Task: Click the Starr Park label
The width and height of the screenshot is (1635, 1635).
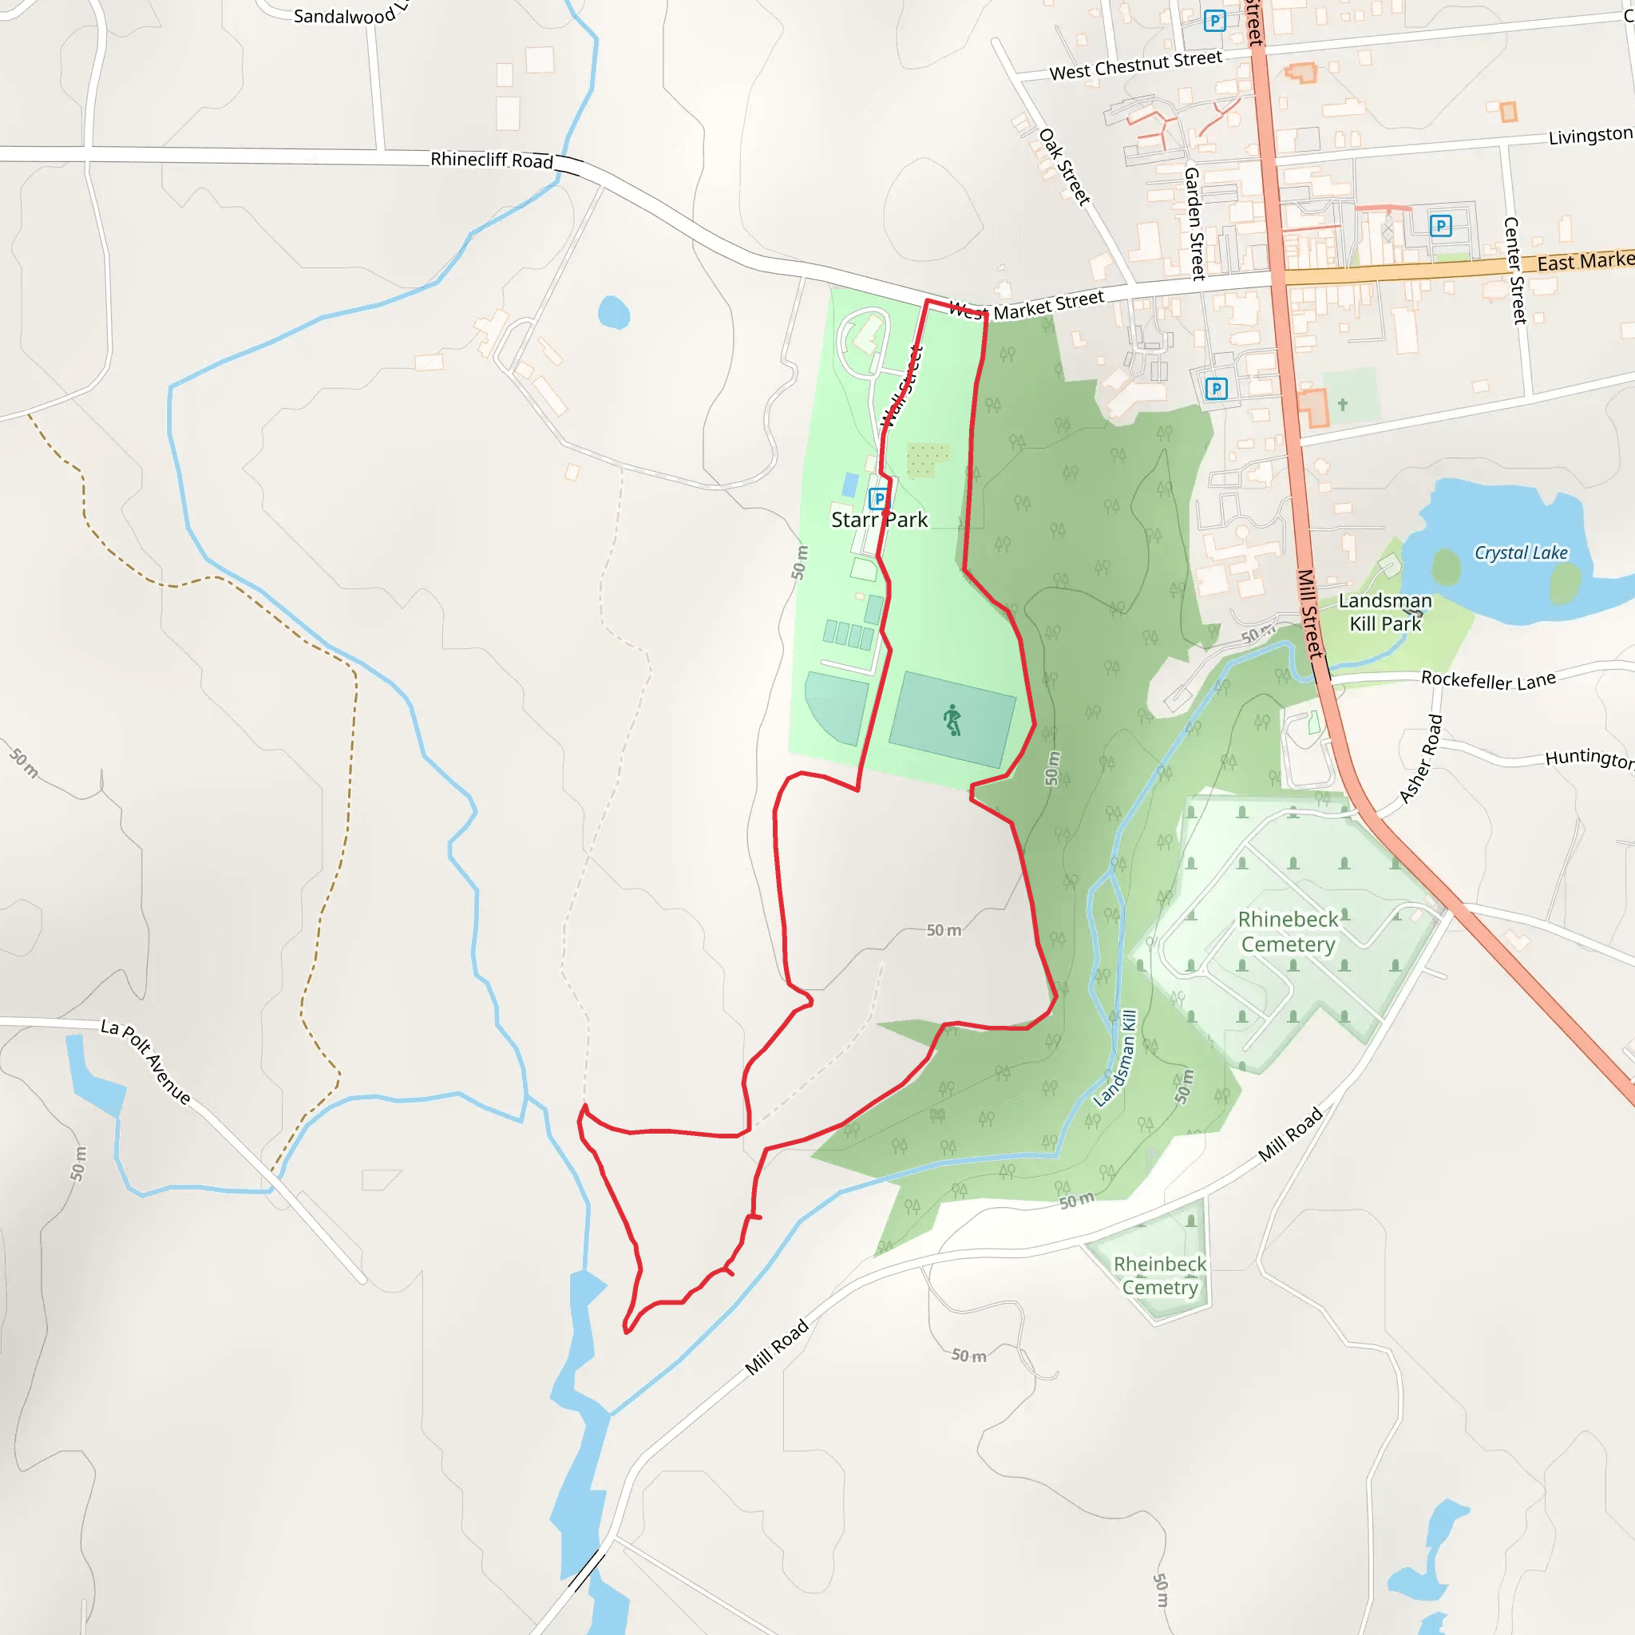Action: [x=879, y=520]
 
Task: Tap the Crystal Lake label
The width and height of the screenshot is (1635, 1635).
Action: [x=1521, y=552]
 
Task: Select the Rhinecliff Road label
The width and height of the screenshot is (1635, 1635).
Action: [x=492, y=159]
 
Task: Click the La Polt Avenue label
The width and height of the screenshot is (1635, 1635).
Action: [x=145, y=1061]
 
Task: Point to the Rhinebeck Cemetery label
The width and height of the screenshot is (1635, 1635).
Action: [x=1288, y=932]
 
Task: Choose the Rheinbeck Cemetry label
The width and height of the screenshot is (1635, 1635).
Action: [x=1159, y=1275]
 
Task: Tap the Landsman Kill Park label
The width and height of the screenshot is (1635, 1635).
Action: [x=1384, y=612]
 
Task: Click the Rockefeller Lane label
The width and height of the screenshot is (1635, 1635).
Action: [x=1488, y=679]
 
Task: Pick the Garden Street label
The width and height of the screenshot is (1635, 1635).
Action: [x=1194, y=224]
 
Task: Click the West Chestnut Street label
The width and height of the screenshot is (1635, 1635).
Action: [x=1136, y=65]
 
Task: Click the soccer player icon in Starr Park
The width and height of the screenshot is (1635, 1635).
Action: [x=953, y=719]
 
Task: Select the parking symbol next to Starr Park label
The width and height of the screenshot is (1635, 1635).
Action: [x=878, y=498]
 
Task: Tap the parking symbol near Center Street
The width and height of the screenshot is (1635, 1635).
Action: [x=1440, y=225]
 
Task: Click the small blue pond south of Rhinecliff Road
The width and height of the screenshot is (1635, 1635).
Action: [x=614, y=312]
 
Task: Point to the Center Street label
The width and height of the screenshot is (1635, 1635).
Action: [x=1514, y=271]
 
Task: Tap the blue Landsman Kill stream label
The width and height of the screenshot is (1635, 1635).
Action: [x=1117, y=1058]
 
